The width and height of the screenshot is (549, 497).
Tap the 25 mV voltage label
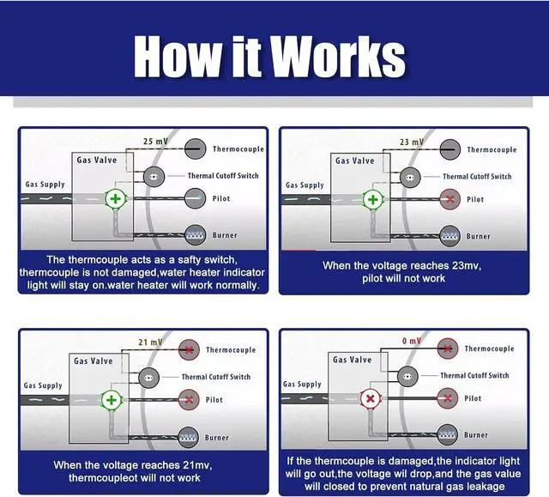[155, 141]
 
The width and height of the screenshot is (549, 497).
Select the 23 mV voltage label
[412, 142]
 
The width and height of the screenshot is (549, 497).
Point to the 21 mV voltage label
[151, 342]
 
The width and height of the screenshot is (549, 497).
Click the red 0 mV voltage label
[412, 341]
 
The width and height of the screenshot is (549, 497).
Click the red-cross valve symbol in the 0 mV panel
[371, 398]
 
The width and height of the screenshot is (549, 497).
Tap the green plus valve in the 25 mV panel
[115, 199]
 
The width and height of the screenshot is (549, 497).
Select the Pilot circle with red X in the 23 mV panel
[449, 199]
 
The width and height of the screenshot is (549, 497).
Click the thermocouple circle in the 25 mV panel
[195, 148]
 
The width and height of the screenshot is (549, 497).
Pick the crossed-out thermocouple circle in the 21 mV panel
[189, 349]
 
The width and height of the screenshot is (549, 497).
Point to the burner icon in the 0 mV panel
[447, 434]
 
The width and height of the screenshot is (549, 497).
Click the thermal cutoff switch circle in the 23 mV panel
[410, 178]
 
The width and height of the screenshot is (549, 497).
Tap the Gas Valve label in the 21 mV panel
[94, 361]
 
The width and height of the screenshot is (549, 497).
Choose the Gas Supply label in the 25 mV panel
[45, 185]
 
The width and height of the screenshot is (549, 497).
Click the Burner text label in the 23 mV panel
[479, 236]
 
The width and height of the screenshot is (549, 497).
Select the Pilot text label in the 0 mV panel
[473, 398]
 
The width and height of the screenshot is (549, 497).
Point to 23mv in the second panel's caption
[467, 265]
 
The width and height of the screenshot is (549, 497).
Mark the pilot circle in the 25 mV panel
[195, 198]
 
